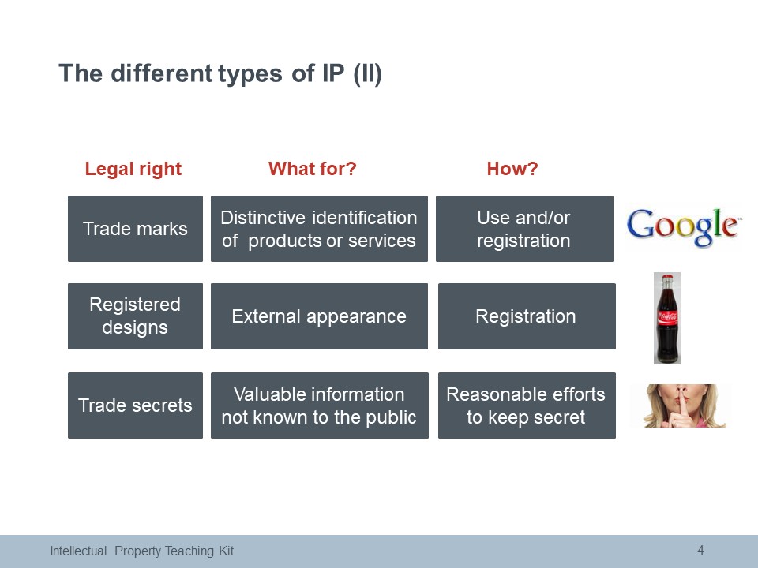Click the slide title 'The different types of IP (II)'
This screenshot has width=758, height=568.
(220, 74)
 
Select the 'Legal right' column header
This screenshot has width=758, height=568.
(133, 169)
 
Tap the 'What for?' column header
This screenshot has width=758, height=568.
(313, 169)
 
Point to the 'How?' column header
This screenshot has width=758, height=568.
(512, 169)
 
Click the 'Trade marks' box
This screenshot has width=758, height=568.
(135, 229)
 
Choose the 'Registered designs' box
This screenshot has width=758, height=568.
(135, 316)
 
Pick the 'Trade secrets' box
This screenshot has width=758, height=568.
(135, 405)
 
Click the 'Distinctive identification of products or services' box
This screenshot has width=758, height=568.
(319, 229)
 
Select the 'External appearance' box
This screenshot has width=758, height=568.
(319, 316)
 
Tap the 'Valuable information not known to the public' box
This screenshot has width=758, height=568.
(320, 405)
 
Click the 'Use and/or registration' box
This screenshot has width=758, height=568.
(524, 229)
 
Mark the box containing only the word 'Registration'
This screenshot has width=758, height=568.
(527, 316)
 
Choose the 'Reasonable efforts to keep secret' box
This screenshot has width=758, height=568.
(527, 405)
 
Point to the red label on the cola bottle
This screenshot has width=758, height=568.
(667, 317)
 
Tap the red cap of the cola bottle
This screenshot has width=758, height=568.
(667, 278)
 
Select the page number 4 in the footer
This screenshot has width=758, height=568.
(700, 550)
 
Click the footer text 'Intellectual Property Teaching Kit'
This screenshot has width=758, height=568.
(141, 551)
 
